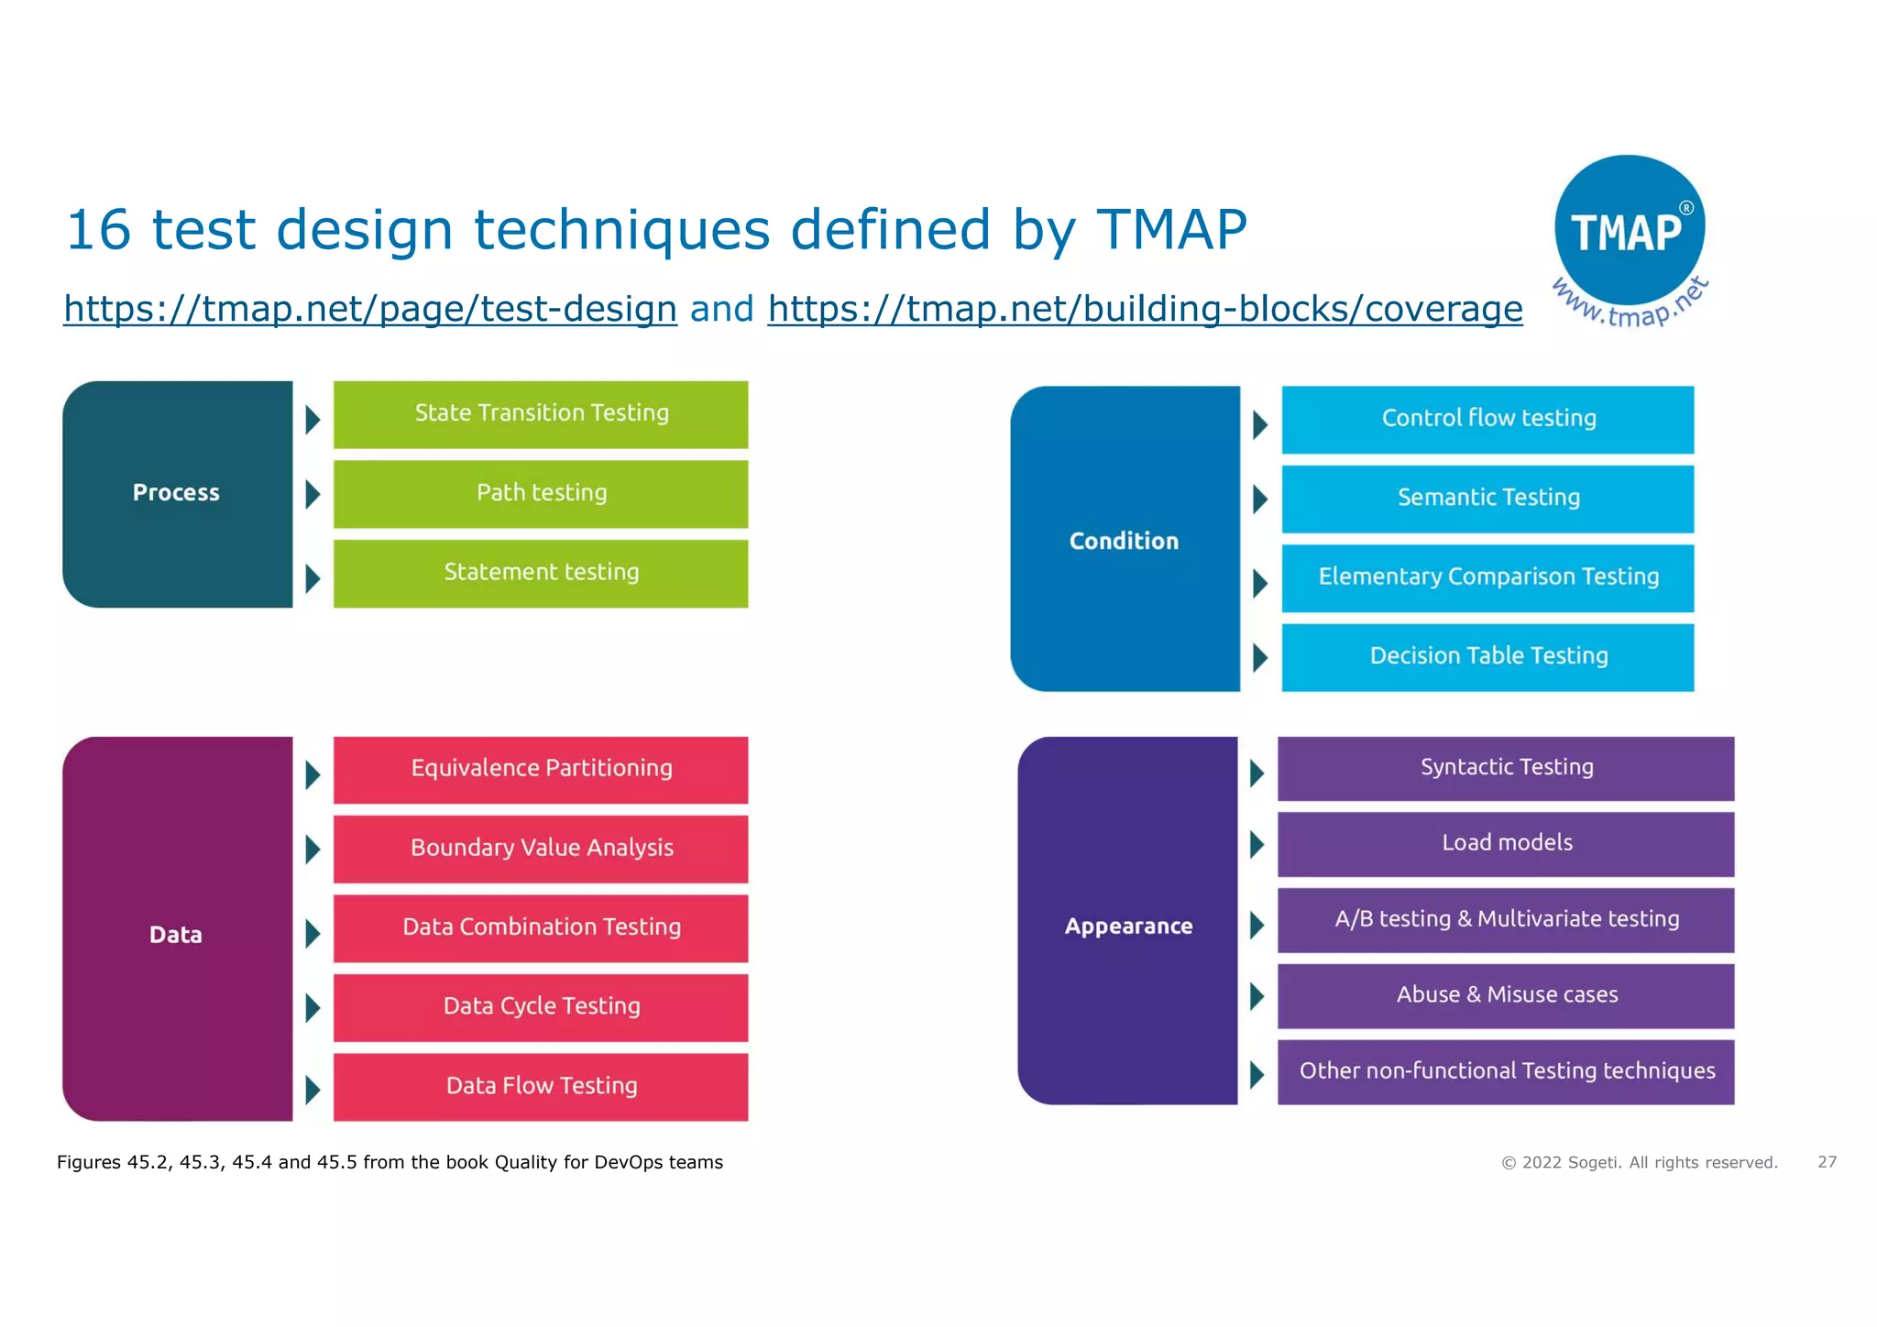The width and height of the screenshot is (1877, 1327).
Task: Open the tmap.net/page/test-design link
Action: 370,309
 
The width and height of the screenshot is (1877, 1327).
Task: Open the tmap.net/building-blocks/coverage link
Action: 1145,309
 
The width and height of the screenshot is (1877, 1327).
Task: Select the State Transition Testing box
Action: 541,414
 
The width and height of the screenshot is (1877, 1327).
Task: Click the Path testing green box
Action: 541,494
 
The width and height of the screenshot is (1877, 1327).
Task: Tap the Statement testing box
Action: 541,573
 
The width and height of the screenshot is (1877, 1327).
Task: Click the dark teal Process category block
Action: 177,494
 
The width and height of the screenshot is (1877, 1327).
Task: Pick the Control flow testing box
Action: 1487,420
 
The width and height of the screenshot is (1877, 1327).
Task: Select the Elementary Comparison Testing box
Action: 1487,577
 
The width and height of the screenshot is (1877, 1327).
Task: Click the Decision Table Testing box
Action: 1487,657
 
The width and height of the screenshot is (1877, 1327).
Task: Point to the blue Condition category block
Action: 1125,540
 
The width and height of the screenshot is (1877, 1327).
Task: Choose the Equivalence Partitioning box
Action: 541,770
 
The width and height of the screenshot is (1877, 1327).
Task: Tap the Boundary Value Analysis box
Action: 541,849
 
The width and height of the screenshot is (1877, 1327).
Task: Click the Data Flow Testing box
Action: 541,1087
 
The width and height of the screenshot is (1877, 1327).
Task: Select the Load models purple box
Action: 1506,844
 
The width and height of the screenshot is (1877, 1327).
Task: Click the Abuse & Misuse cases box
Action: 1506,995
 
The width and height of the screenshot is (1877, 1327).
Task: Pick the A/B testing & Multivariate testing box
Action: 1506,920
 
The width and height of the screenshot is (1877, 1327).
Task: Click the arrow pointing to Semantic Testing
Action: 1260,499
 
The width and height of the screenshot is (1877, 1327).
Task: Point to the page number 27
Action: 1827,1162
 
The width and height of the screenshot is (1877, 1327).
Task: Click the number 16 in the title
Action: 98,229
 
